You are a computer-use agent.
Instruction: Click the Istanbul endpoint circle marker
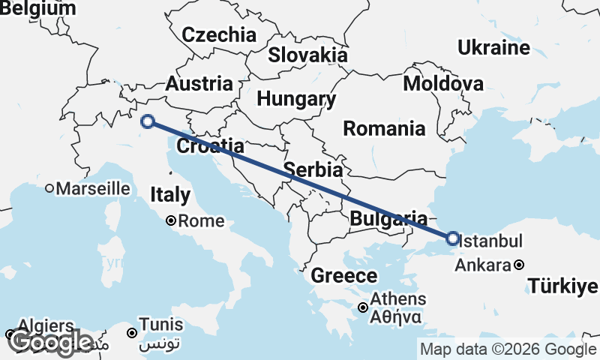coord(452,238)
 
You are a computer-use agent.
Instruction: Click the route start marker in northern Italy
coord(148,121)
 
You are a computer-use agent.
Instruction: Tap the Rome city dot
coord(171,221)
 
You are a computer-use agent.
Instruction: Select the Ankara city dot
coord(519,265)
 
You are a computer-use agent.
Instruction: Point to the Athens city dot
coord(363,307)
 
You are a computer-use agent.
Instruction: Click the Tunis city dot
coord(132,333)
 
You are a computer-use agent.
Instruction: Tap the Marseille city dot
coord(49,188)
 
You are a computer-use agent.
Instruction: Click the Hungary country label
coord(296,99)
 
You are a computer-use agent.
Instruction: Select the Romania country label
coord(384,128)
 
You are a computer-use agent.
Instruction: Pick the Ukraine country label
coord(493,48)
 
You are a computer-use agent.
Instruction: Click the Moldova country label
coord(443,83)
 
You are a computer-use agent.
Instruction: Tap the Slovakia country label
coord(308,55)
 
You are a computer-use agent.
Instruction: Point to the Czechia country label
coord(219,34)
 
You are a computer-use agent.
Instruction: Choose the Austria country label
coord(199,83)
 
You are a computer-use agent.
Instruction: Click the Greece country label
coord(343,275)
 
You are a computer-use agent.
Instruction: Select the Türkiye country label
coord(562,286)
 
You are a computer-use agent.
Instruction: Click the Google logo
coord(50,342)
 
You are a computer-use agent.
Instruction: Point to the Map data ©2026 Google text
coord(508,349)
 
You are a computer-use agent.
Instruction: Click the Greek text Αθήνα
coord(394,316)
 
